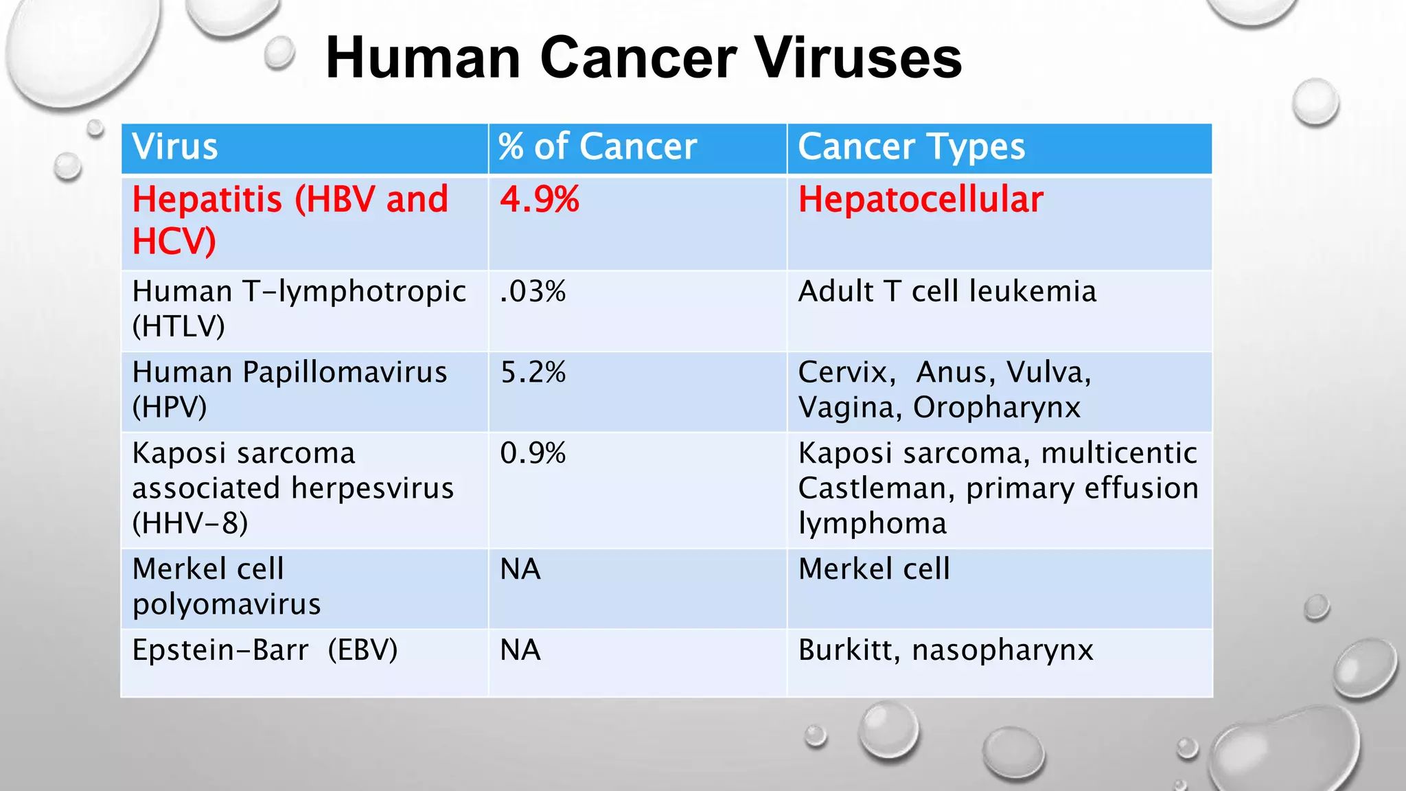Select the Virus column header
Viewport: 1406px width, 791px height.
pyautogui.click(x=175, y=147)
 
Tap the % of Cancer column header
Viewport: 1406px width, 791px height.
pyautogui.click(x=597, y=147)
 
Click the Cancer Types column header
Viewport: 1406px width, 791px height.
pyautogui.click(x=911, y=147)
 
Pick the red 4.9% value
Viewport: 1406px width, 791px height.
pyautogui.click(x=540, y=200)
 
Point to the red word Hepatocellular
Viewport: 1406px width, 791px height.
pyautogui.click(x=920, y=200)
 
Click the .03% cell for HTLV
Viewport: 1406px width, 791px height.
pyautogui.click(x=533, y=292)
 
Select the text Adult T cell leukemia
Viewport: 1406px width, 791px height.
pyautogui.click(x=947, y=292)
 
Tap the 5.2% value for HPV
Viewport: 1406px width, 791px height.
pyautogui.click(x=533, y=372)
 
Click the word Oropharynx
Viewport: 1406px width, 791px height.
pyautogui.click(x=996, y=407)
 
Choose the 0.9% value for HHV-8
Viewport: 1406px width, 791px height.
pyautogui.click(x=533, y=453)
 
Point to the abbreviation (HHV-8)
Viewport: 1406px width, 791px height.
pyautogui.click(x=190, y=523)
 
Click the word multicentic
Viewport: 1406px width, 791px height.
pyautogui.click(x=1118, y=453)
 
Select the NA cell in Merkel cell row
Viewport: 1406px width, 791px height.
pyautogui.click(x=520, y=569)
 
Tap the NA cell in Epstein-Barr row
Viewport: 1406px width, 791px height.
pyautogui.click(x=520, y=650)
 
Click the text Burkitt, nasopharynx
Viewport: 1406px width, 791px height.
pyautogui.click(x=945, y=650)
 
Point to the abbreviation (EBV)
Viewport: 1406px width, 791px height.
pyautogui.click(x=362, y=650)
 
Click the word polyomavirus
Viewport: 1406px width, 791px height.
pyautogui.click(x=227, y=604)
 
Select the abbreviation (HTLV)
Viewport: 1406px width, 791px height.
pyautogui.click(x=178, y=326)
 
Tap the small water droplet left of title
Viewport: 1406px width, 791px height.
pyautogui.click(x=279, y=53)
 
